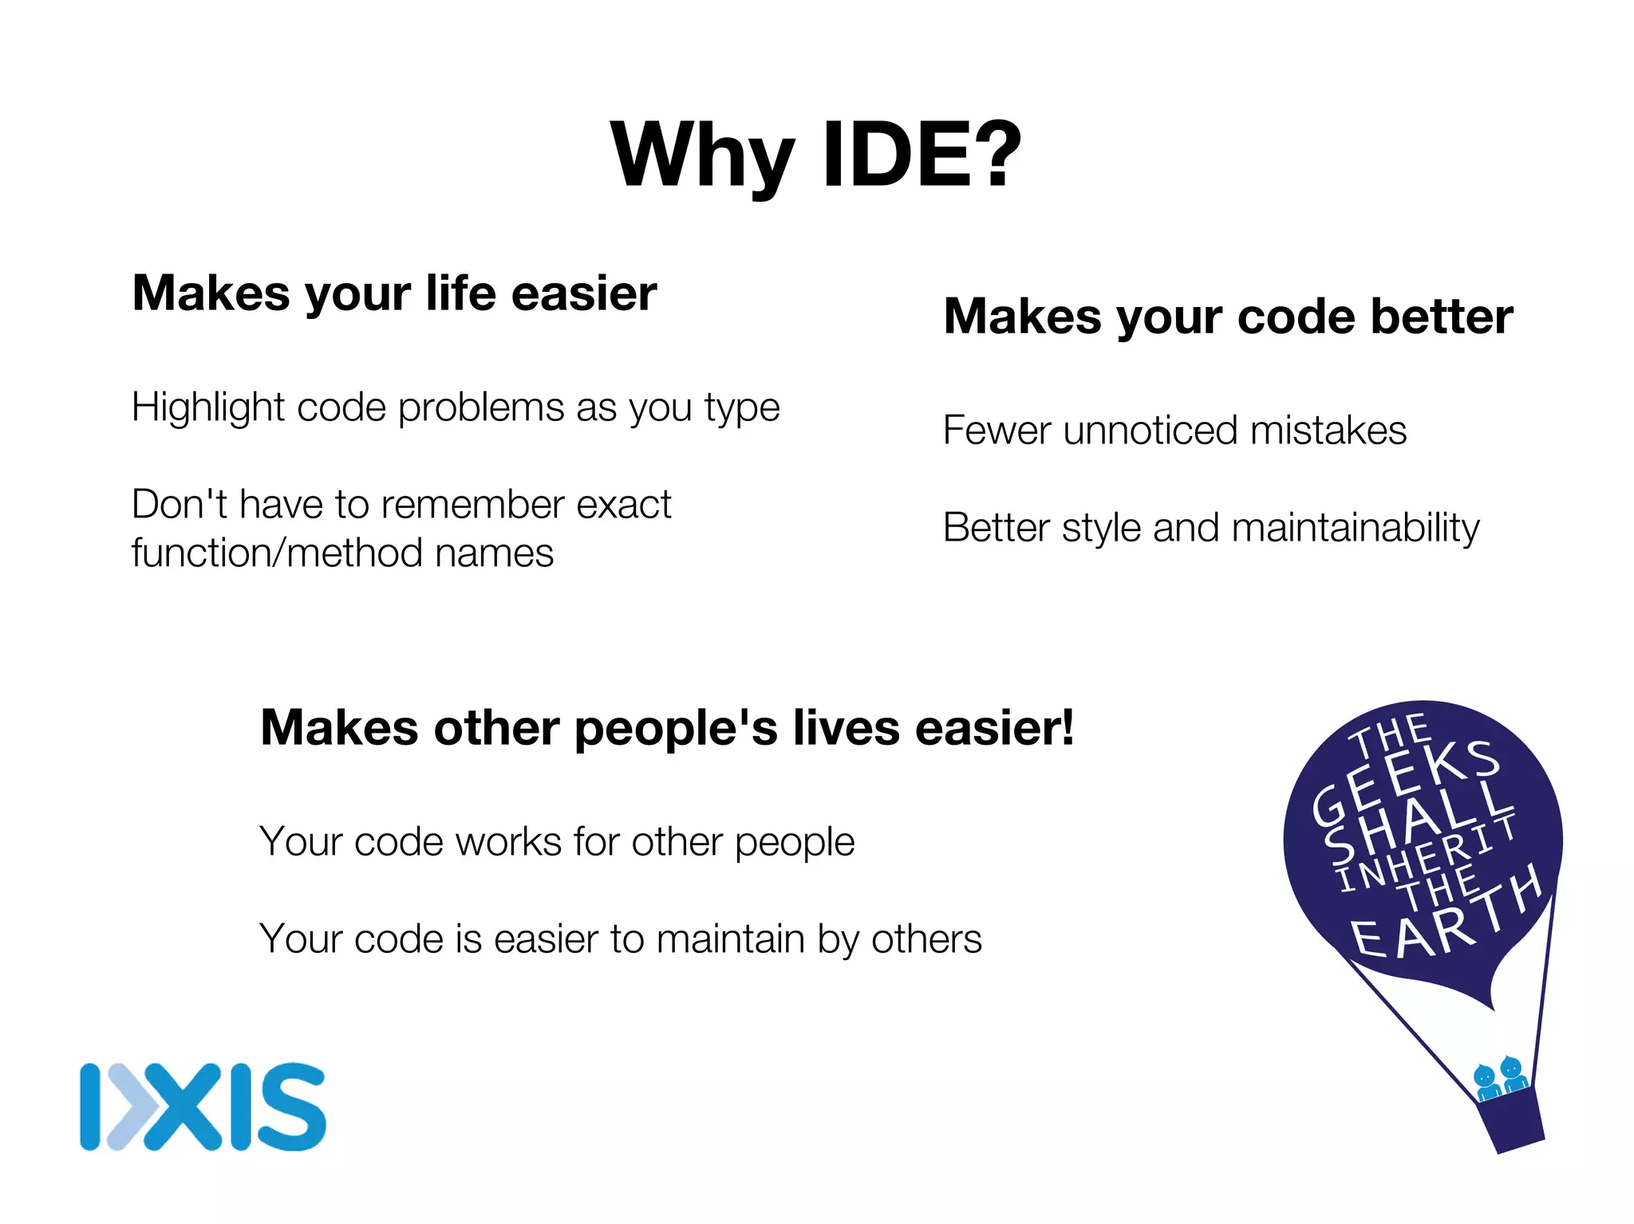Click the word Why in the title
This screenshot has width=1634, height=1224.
pos(703,155)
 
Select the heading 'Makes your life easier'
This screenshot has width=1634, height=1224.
pos(394,293)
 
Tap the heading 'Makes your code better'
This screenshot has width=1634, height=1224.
pos(1228,317)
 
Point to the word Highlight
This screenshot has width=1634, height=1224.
pos(208,408)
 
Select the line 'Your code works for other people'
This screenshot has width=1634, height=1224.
pos(557,842)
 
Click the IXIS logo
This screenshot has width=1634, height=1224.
pos(203,1107)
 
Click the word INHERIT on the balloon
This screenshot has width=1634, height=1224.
pos(1428,853)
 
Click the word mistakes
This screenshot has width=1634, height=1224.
pos(1328,431)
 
